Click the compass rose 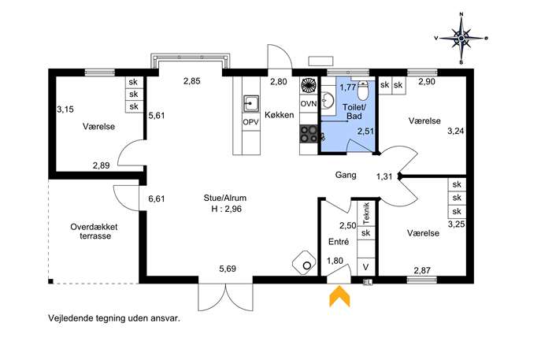tap(461, 38)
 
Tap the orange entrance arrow tap(340, 296)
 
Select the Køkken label tap(279, 115)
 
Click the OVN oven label tap(309, 103)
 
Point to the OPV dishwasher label tap(251, 122)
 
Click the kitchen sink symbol tap(251, 103)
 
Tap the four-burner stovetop tap(309, 134)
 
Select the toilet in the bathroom tap(362, 90)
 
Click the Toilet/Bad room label tap(354, 112)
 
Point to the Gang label tap(346, 175)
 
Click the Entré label tap(339, 242)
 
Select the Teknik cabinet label tap(366, 213)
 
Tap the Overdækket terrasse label tap(94, 232)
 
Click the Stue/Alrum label tap(225, 198)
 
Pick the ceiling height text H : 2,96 tap(226, 209)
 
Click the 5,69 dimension tap(228, 269)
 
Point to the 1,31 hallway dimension tap(384, 176)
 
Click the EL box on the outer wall tap(368, 282)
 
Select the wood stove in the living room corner tap(304, 262)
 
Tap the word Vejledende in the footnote tap(67, 318)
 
